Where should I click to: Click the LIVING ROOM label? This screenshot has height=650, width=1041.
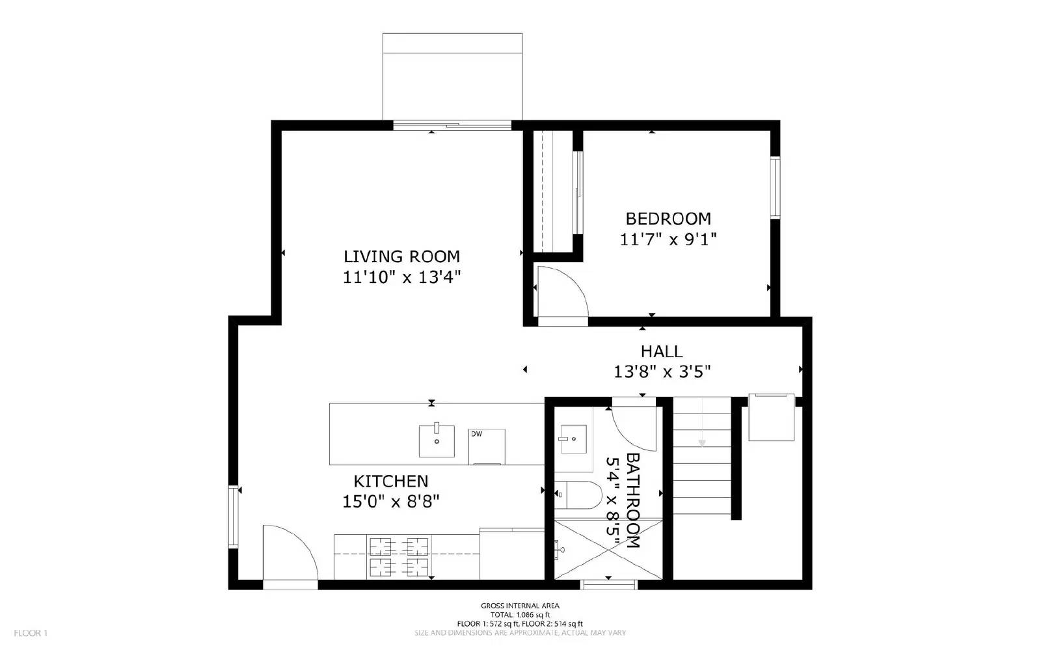pos(401,256)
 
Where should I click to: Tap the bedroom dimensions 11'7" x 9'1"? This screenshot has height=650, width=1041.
pos(668,239)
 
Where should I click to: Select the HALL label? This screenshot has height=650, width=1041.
pos(661,351)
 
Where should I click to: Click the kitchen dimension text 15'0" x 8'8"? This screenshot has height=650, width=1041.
pos(391,502)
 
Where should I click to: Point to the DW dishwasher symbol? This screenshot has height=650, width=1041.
pos(486,446)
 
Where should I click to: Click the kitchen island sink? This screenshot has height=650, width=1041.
pos(437,440)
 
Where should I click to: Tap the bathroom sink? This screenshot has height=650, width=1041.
pos(573,439)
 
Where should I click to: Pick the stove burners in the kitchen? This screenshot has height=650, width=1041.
pos(399,557)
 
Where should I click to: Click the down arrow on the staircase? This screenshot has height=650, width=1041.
pos(701,442)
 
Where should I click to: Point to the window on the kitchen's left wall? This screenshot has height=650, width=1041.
pos(233,516)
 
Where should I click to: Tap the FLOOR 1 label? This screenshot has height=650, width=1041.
pos(31,633)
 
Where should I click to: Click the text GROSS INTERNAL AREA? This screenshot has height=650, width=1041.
pos(520,606)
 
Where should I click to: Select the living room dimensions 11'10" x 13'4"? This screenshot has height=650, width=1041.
pos(401,277)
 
